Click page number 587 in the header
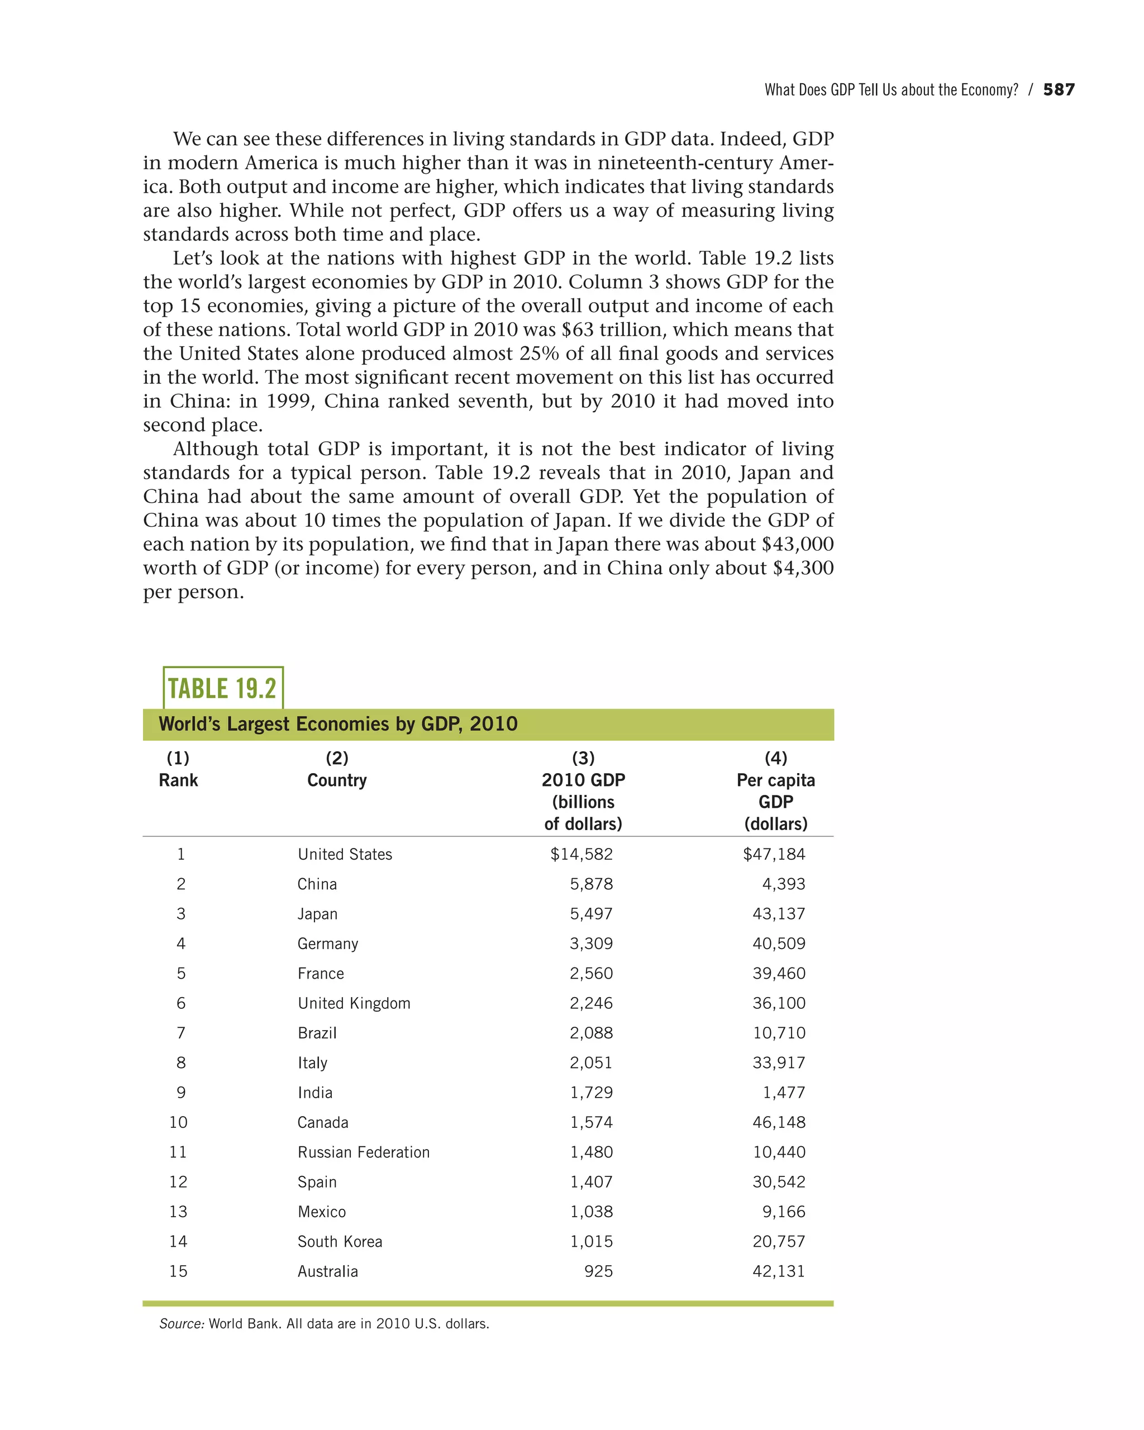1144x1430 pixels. (x=1059, y=89)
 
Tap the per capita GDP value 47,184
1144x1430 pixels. (x=774, y=854)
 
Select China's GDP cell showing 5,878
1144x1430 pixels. (x=591, y=884)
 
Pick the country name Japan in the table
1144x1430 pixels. (x=317, y=914)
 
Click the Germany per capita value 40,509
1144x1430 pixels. (x=779, y=944)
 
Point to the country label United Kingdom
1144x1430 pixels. (x=354, y=1004)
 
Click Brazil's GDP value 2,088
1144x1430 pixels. (x=591, y=1033)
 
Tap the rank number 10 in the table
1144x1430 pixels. (x=178, y=1122)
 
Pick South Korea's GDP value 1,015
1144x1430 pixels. (x=591, y=1242)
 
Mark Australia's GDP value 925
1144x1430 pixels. (x=598, y=1271)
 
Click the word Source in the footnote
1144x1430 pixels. (x=181, y=1324)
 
